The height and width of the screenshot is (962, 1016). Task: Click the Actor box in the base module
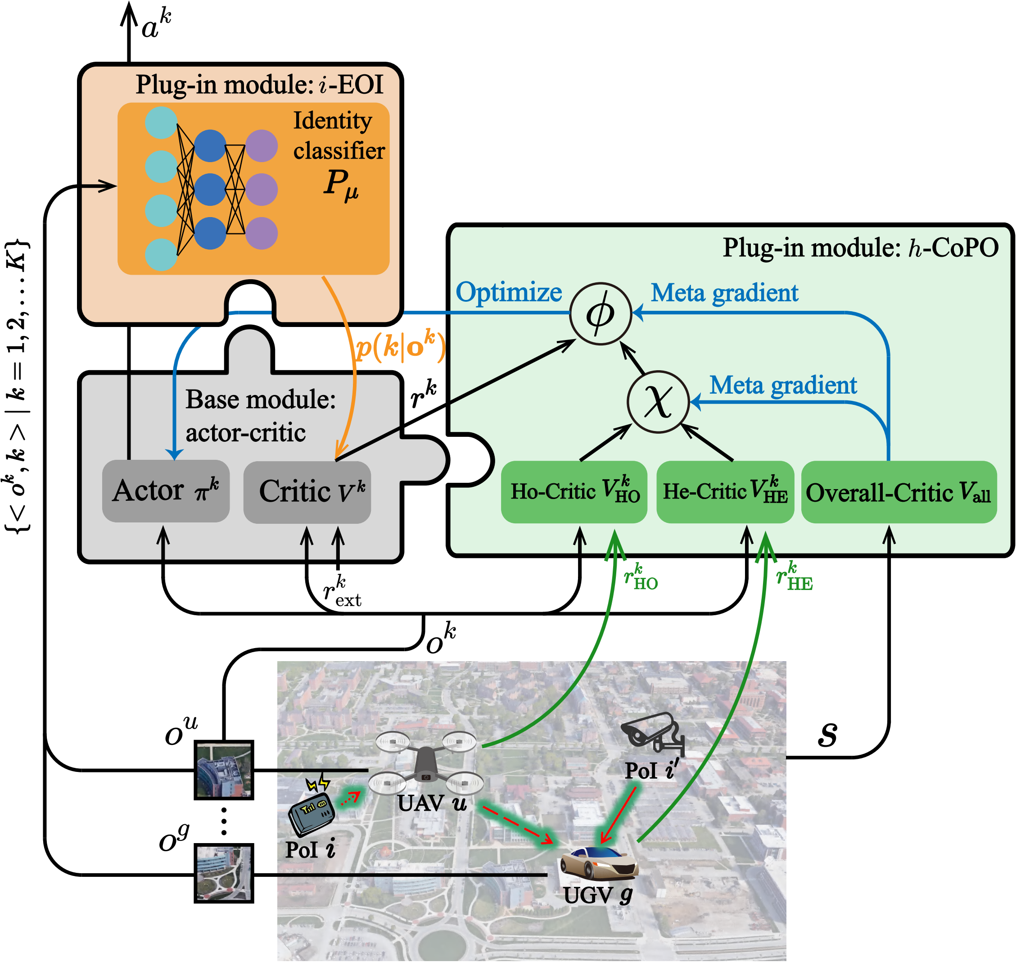(166, 491)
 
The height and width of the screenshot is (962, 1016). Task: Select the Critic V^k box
(307, 492)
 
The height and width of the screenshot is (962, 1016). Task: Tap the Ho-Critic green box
(573, 492)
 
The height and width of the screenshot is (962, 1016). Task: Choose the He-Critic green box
(725, 492)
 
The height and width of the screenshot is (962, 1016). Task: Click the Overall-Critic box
(898, 492)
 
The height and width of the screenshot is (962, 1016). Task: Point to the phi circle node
(600, 313)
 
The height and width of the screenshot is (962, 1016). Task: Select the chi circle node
(658, 402)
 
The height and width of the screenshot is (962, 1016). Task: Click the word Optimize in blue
(509, 292)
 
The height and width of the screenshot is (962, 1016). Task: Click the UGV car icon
(599, 862)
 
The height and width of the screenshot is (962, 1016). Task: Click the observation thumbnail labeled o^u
(224, 770)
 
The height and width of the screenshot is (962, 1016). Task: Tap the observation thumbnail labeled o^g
(224, 873)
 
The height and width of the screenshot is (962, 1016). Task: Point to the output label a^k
(156, 25)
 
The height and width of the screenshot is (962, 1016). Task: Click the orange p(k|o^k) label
(400, 347)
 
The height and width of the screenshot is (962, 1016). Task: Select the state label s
(827, 734)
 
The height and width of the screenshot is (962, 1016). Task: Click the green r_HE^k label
(794, 576)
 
